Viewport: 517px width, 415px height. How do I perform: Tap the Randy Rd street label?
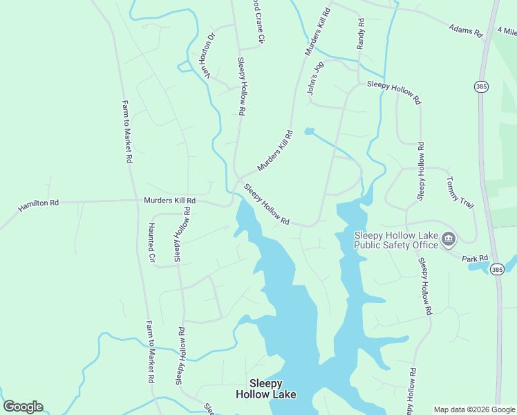360,34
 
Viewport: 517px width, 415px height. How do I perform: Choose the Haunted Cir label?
152,243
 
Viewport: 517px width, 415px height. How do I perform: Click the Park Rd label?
475,257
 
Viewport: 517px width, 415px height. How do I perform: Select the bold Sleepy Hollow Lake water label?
265,389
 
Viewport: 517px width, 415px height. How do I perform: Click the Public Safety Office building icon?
449,240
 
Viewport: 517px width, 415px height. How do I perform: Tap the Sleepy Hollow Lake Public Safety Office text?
396,240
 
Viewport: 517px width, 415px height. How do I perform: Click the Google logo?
23,407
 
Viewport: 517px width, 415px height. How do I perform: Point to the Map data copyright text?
474,409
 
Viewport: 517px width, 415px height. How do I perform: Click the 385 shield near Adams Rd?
481,86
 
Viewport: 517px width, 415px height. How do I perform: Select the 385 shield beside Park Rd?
496,268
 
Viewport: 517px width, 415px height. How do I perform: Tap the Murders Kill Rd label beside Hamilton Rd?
169,201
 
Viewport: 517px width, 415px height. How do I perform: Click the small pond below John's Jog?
309,131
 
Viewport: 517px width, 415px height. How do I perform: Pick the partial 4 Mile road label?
507,31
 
